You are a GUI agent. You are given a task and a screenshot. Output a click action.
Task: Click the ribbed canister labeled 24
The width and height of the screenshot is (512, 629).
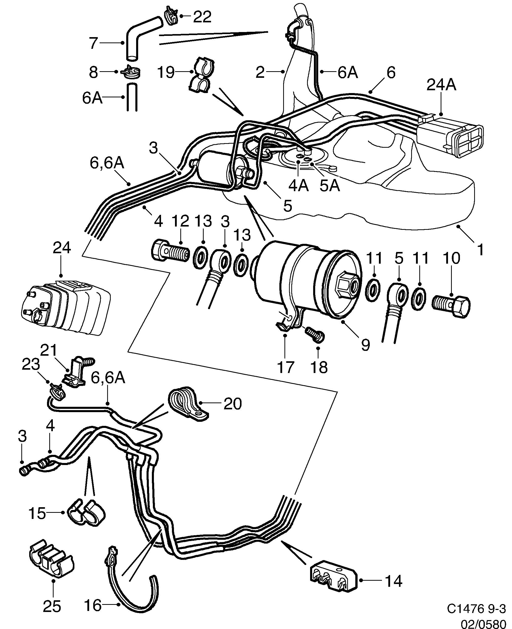tap(65, 308)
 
